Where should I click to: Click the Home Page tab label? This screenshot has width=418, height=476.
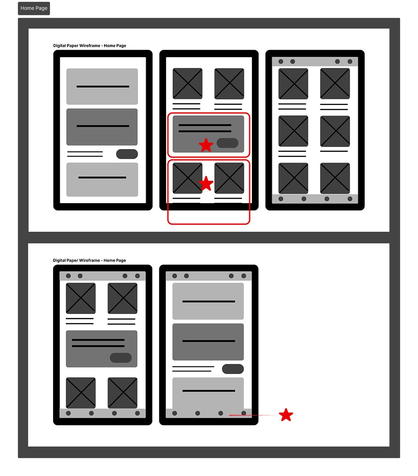33,8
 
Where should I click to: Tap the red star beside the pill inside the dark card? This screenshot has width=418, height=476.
206,145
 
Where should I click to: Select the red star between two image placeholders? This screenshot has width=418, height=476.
206,184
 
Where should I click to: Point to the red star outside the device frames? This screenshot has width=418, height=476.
286,415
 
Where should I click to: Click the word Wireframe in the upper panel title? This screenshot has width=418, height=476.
90,46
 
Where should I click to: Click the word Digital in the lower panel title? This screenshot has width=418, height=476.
59,260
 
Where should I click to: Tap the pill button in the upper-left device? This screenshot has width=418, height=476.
127,154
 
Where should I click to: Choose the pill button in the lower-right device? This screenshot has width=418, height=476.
233,369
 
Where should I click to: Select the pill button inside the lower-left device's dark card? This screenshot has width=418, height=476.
121,358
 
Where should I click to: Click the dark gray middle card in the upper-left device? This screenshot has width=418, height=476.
102,127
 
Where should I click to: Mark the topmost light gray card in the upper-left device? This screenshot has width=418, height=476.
102,87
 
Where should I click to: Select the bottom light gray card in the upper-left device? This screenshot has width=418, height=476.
102,180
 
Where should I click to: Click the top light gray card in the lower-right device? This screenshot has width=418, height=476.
208,301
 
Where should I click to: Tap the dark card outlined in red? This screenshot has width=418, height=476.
208,134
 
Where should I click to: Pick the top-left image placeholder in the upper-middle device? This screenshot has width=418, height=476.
187,84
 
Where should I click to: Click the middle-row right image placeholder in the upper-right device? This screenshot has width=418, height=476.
335,131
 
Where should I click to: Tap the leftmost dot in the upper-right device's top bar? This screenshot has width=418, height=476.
281,62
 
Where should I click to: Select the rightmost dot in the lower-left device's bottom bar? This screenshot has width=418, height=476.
138,413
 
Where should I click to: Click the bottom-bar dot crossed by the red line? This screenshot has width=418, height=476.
243,413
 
